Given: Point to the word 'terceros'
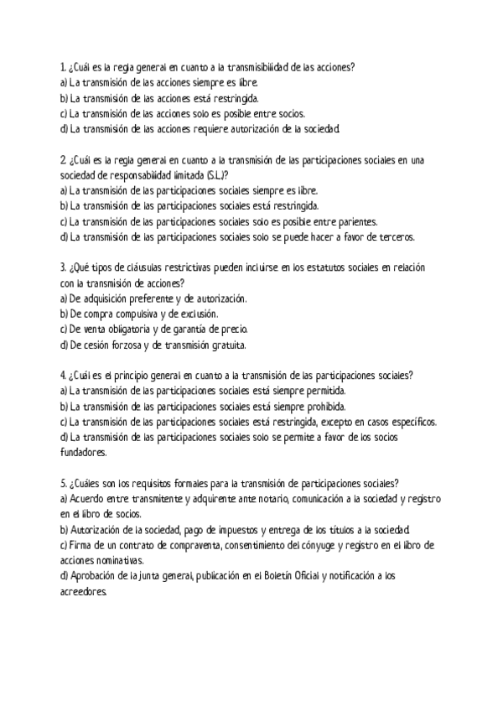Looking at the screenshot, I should pos(392,236).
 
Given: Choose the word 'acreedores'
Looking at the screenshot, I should pos(84,591).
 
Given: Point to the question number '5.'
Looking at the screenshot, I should pos(64,483).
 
